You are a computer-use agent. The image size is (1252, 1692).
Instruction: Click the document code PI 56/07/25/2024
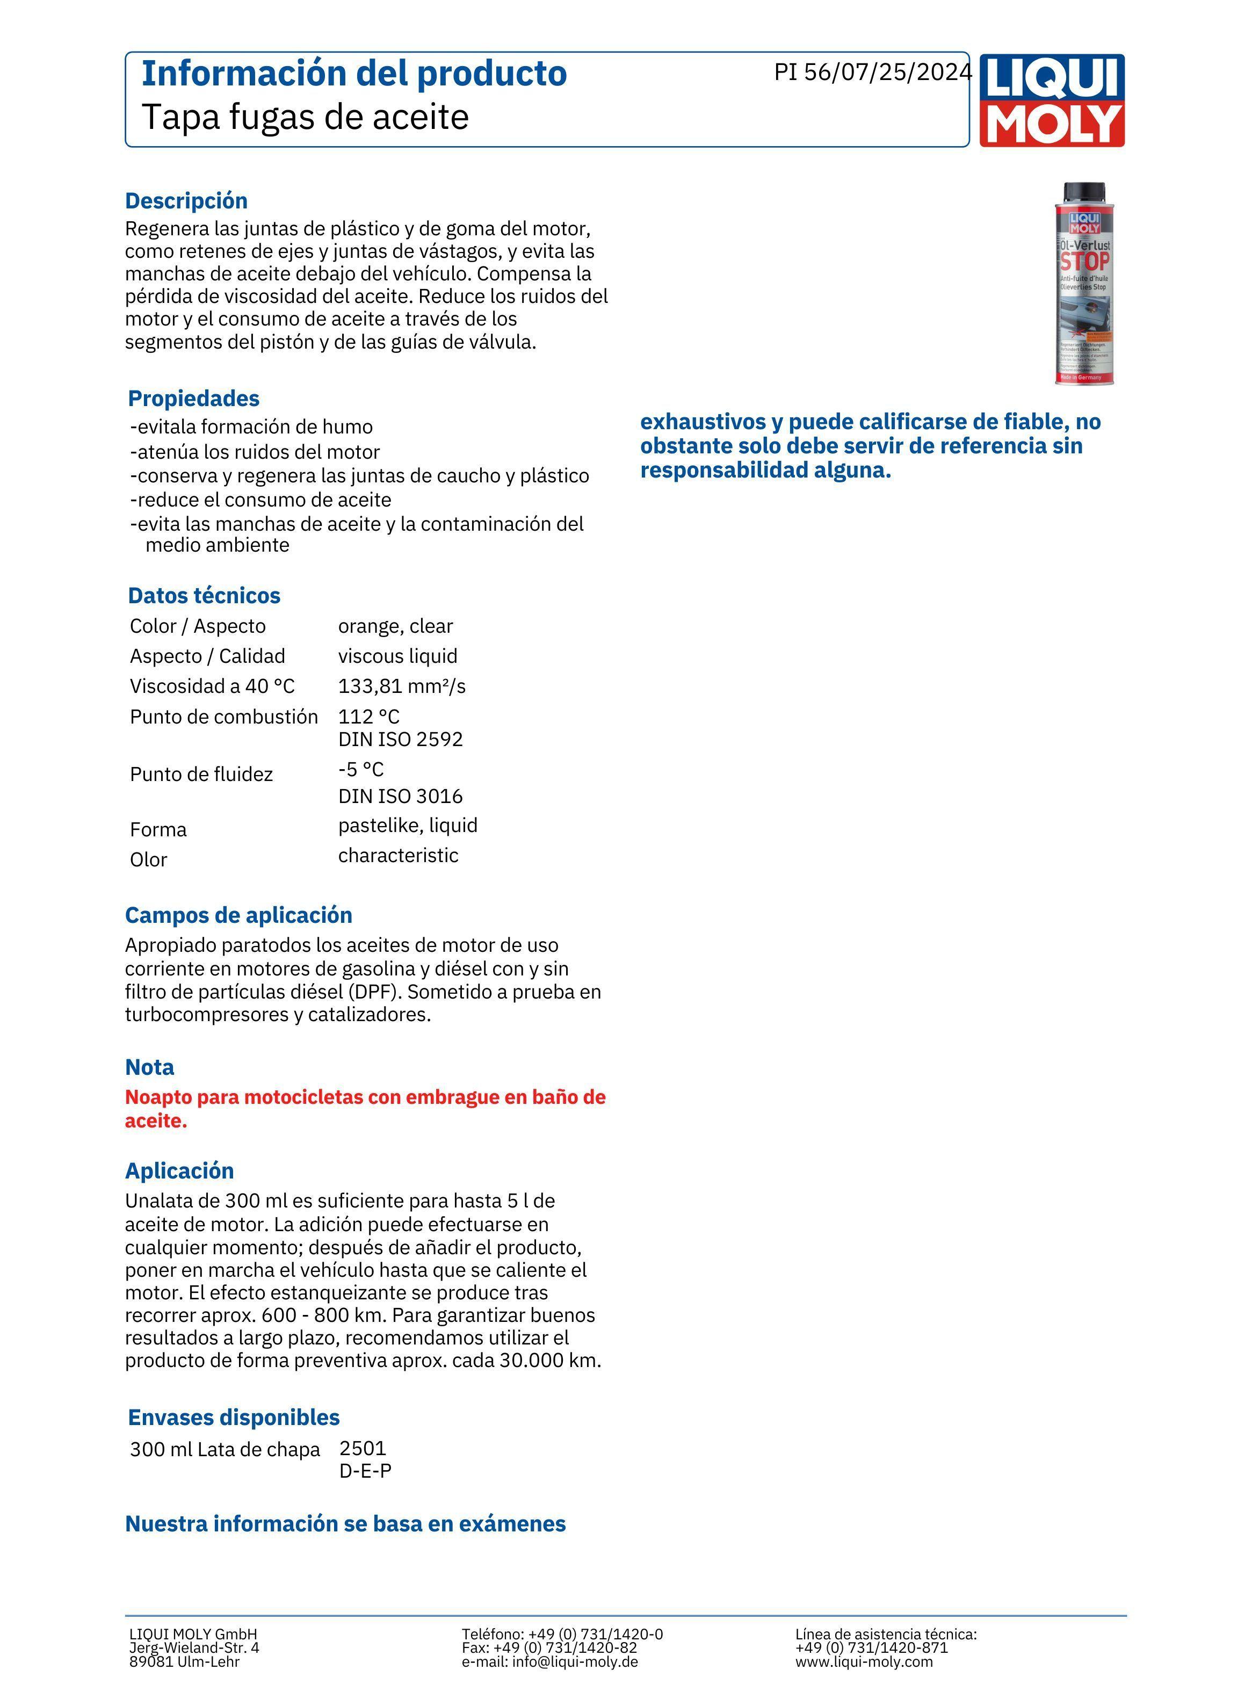(x=872, y=72)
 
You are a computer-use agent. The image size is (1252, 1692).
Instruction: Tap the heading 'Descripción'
(x=186, y=201)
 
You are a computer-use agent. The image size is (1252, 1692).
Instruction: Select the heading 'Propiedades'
(x=193, y=399)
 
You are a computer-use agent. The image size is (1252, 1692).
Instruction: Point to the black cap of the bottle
(x=1084, y=192)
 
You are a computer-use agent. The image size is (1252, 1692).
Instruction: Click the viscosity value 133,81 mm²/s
(x=402, y=686)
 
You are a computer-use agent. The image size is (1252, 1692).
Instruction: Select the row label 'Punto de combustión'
(x=223, y=717)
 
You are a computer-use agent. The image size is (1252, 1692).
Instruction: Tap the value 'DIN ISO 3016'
(x=400, y=797)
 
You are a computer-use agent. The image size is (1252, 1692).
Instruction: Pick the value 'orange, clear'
(x=395, y=627)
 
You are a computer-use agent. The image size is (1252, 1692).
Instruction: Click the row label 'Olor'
(x=149, y=860)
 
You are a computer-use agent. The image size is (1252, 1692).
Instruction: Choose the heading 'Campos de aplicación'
(x=238, y=915)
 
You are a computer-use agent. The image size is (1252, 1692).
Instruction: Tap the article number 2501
(x=363, y=1448)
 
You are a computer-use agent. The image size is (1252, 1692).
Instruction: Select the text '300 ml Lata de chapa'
(x=225, y=1450)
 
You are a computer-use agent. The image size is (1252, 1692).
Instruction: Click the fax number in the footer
(x=549, y=1647)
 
